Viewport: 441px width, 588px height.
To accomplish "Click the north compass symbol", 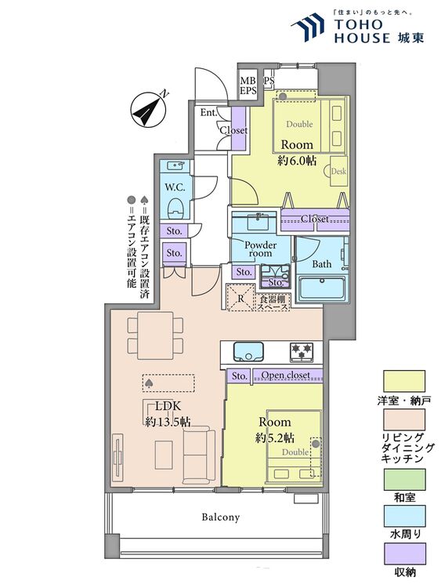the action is [149, 110].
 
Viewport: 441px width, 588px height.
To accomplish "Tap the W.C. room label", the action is [175, 188].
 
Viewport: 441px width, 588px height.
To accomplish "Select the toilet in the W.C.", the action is [175, 209].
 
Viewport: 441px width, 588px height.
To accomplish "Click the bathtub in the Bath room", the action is [322, 288].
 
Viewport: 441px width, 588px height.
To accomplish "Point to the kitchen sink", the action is [248, 351].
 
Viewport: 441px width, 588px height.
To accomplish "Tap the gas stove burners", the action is [301, 352].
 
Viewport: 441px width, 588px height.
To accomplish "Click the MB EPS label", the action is [248, 86].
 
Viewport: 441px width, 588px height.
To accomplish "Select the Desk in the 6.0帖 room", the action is [338, 172].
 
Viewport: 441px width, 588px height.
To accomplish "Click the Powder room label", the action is [260, 249].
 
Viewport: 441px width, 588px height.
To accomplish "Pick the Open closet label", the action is [285, 375].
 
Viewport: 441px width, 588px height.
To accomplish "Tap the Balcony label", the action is [220, 517].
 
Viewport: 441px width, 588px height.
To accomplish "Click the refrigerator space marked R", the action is [241, 298].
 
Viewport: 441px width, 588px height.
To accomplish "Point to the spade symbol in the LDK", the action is [148, 383].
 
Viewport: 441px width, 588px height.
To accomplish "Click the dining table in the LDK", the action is [155, 336].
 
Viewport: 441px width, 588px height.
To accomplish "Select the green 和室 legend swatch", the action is [404, 479].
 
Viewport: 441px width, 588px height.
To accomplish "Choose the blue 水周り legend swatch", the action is [404, 516].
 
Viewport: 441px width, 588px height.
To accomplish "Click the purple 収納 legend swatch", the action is [404, 554].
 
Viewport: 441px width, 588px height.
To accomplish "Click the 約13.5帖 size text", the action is [168, 422].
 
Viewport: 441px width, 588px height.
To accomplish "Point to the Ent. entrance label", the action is [208, 112].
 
